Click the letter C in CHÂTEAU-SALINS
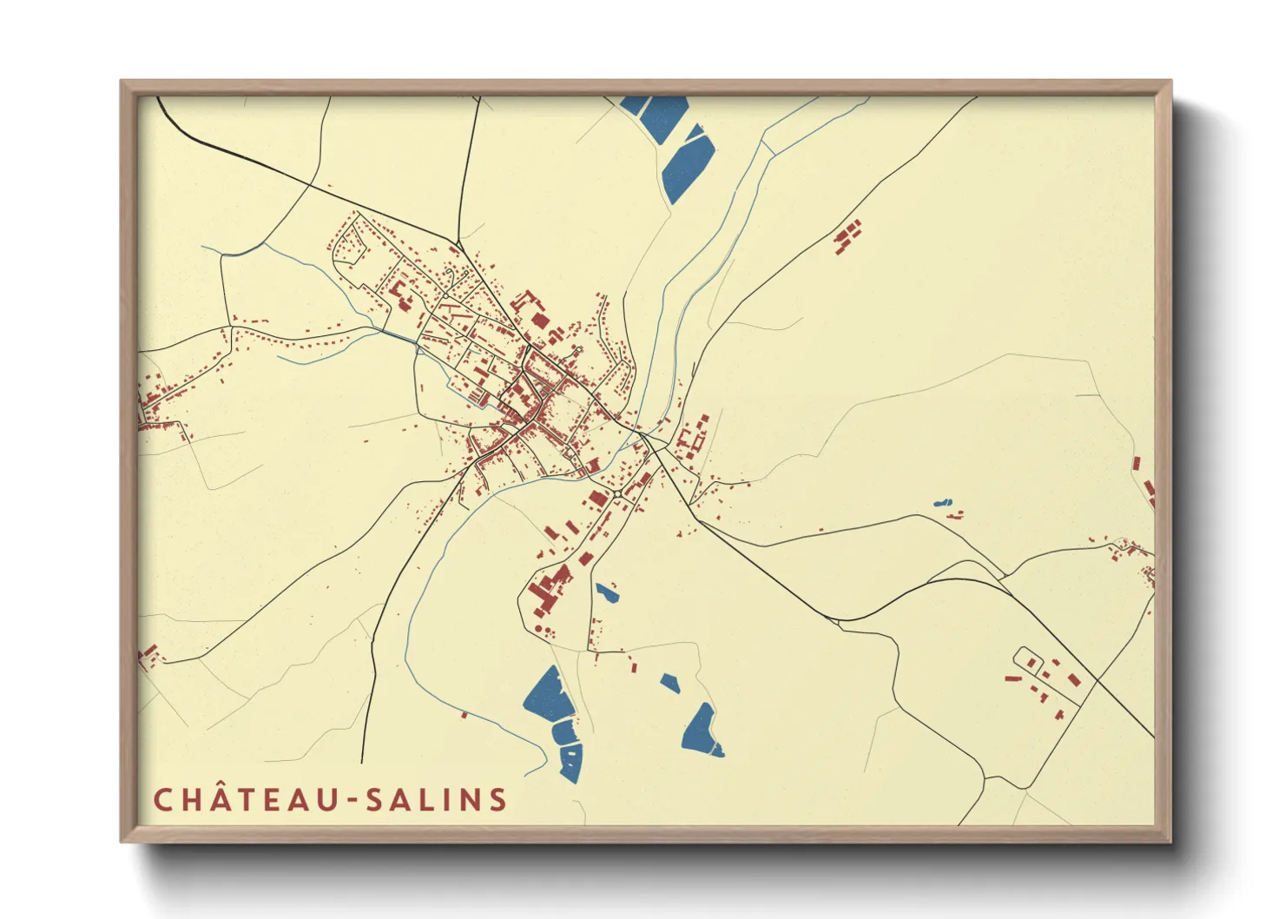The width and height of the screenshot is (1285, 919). click(161, 799)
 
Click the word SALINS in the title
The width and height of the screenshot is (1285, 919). click(435, 799)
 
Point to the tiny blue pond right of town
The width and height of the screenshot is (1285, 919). click(942, 503)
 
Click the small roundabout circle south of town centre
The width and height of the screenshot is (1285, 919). click(616, 494)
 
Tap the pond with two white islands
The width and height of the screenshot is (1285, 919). click(702, 731)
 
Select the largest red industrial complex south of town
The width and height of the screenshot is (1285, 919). click(549, 587)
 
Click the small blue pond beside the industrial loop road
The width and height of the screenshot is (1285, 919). click(606, 593)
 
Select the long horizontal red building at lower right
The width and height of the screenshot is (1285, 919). click(1012, 678)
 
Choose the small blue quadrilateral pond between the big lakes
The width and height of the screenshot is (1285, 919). click(669, 683)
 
